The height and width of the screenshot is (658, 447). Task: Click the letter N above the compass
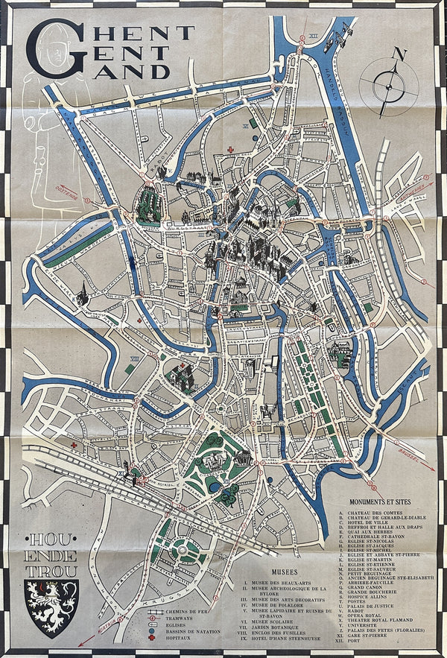coord(400,54)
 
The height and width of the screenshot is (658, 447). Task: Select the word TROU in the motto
coord(51,571)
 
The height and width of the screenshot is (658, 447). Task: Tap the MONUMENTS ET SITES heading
coord(372,503)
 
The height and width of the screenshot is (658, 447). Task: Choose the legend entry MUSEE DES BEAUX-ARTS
coord(280,581)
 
